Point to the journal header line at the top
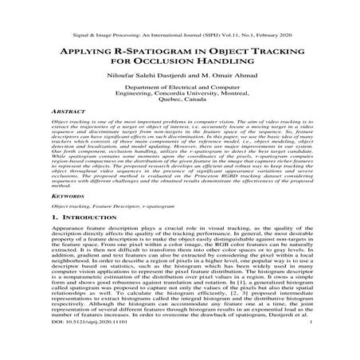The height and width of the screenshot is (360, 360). point(180,15)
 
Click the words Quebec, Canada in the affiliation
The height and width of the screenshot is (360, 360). point(180,118)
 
